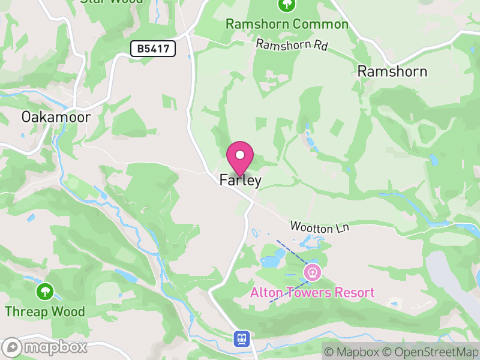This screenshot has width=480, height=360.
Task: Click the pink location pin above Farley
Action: click(240, 158)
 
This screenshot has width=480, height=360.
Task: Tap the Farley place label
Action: click(240, 180)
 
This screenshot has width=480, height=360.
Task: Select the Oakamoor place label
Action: click(56, 116)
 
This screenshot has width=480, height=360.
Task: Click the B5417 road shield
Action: click(153, 49)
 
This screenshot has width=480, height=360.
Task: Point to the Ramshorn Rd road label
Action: click(292, 45)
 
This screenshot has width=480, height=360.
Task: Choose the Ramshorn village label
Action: click(392, 71)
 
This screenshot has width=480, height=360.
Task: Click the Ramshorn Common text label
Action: click(287, 25)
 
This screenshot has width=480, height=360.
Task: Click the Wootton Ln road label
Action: click(319, 227)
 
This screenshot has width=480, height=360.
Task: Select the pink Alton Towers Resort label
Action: click(312, 293)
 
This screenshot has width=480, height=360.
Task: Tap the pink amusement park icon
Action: click(312, 273)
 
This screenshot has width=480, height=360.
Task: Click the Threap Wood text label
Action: click(45, 312)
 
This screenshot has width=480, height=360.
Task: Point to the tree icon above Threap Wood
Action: click(45, 292)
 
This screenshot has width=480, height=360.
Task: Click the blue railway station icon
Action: click(241, 339)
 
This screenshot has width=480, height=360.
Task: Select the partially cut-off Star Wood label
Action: click(112, 2)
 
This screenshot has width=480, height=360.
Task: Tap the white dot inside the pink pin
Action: click(240, 155)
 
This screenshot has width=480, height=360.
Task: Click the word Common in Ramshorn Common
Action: click(320, 25)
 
